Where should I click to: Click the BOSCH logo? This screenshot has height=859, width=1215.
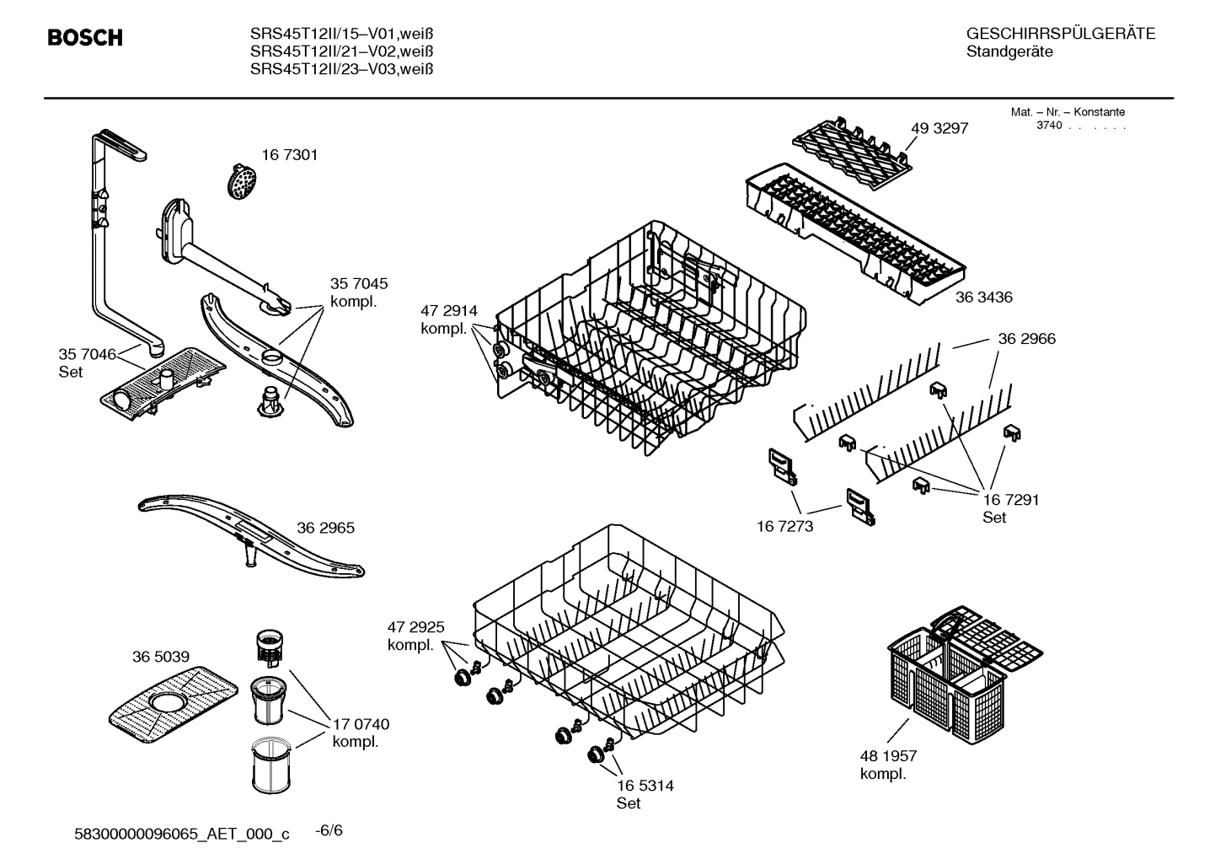click(x=85, y=38)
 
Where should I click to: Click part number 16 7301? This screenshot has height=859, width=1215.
click(x=289, y=155)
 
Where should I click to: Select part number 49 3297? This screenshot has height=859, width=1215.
click(x=939, y=128)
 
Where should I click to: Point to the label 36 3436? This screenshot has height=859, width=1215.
click(x=983, y=297)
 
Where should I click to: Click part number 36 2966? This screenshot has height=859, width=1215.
click(x=1026, y=339)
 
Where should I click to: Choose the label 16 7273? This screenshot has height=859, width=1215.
click(x=785, y=526)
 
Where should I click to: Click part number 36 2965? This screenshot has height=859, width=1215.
click(x=325, y=528)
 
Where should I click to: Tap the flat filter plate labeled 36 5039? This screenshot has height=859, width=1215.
click(x=174, y=696)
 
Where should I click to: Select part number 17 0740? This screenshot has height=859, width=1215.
click(x=361, y=724)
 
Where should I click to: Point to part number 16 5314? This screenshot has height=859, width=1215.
click(x=645, y=786)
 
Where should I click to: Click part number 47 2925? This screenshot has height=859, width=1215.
click(x=415, y=627)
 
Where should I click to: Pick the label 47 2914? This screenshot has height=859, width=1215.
click(x=448, y=311)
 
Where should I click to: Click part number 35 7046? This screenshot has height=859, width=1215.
click(x=87, y=354)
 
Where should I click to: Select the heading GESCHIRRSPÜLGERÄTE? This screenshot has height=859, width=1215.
click(x=1060, y=35)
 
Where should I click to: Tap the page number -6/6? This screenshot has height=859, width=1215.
click(x=329, y=830)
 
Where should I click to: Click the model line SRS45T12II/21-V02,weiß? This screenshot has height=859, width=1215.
click(x=341, y=51)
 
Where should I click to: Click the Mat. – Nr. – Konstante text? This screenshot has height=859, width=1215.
click(x=1067, y=112)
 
